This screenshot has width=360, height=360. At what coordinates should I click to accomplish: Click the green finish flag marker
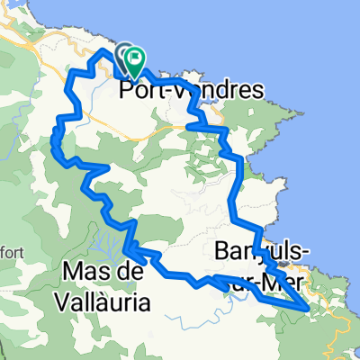(x=135, y=59)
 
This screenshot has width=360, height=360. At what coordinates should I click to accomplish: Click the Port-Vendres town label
(x=191, y=90)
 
